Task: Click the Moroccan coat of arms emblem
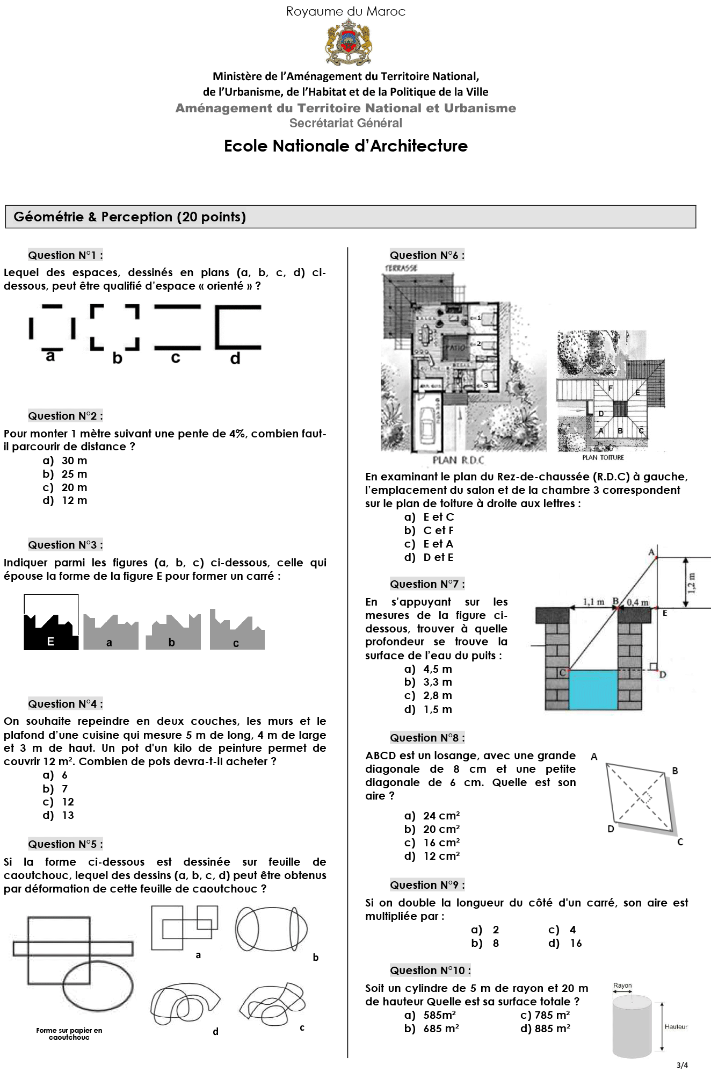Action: tap(348, 42)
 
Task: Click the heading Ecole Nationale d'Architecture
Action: tap(345, 146)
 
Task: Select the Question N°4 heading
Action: tap(66, 703)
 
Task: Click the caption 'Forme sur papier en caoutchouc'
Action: tap(69, 1033)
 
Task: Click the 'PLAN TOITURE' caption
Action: tap(603, 457)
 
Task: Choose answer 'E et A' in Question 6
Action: tap(438, 544)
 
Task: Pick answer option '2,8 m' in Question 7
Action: tap(437, 695)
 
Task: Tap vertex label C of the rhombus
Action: tap(680, 842)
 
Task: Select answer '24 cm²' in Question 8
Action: tap(441, 816)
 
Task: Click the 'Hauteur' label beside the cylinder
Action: tap(676, 1026)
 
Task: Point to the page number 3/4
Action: tap(682, 1064)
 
